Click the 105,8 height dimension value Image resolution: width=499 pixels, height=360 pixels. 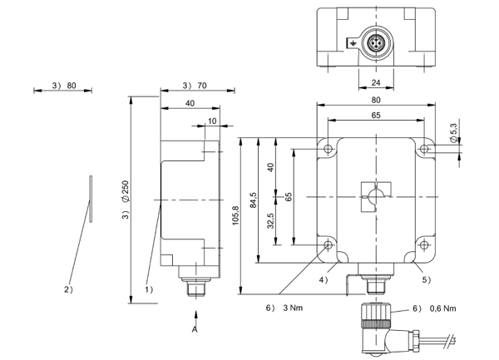[x=236, y=215]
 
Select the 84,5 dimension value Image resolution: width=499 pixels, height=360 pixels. [x=254, y=200]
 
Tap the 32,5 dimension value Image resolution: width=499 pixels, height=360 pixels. [x=270, y=220]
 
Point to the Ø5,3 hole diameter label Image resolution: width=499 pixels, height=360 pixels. [x=453, y=133]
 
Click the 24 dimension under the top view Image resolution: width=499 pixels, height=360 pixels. [x=376, y=82]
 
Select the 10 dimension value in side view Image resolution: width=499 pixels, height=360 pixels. [x=212, y=121]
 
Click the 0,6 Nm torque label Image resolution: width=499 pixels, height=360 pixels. [x=442, y=308]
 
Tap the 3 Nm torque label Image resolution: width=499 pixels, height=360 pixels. [x=293, y=308]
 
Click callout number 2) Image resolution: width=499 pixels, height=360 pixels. [x=69, y=289]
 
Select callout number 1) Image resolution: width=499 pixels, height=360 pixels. [x=149, y=289]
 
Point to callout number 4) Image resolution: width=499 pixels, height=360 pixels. [x=324, y=280]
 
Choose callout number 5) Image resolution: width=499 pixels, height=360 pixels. [x=427, y=280]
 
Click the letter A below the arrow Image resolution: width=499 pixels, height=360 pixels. [x=195, y=329]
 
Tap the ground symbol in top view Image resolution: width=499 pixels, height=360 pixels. [x=353, y=42]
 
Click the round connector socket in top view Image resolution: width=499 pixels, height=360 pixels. [x=376, y=42]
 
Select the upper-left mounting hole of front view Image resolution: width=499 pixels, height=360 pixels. [x=329, y=149]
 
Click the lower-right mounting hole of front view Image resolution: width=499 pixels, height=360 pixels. [x=424, y=245]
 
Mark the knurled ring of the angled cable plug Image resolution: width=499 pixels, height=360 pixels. [x=376, y=324]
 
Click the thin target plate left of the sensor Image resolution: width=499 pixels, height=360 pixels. [x=91, y=199]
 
